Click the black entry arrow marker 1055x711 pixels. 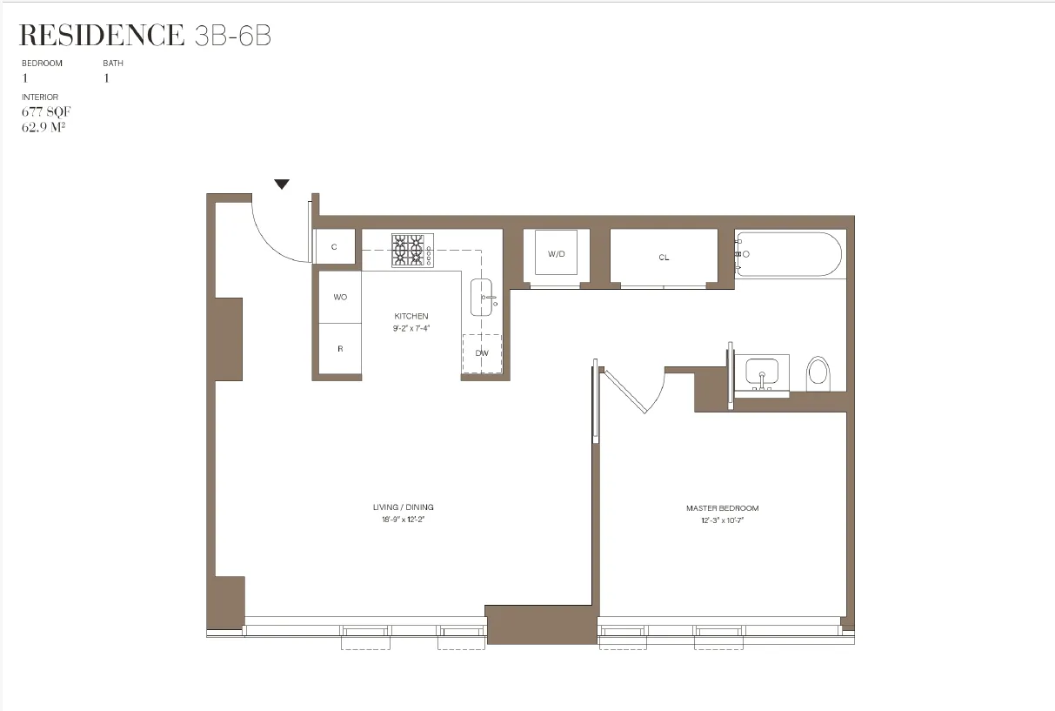pyautogui.click(x=281, y=184)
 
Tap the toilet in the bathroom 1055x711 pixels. pyautogui.click(x=818, y=373)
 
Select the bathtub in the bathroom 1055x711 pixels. pyautogui.click(x=789, y=254)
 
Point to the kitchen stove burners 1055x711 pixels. pyautogui.click(x=412, y=251)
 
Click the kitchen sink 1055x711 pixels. pyautogui.click(x=482, y=298)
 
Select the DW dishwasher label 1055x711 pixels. pyautogui.click(x=482, y=353)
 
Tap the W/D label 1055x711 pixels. pyautogui.click(x=556, y=254)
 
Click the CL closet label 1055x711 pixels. pyautogui.click(x=664, y=258)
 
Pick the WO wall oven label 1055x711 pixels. pyautogui.click(x=340, y=298)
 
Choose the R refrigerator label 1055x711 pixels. pyautogui.click(x=340, y=349)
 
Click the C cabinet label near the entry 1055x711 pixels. pyautogui.click(x=335, y=247)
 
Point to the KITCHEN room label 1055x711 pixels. pyautogui.click(x=411, y=316)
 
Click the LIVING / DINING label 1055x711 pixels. pyautogui.click(x=403, y=507)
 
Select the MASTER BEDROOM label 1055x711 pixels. pyautogui.click(x=722, y=508)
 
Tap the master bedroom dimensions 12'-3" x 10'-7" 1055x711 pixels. pyautogui.click(x=722, y=520)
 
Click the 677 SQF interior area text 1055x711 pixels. pyautogui.click(x=45, y=111)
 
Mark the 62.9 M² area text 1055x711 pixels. pyautogui.click(x=46, y=126)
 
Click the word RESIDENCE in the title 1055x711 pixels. pyautogui.click(x=101, y=36)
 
